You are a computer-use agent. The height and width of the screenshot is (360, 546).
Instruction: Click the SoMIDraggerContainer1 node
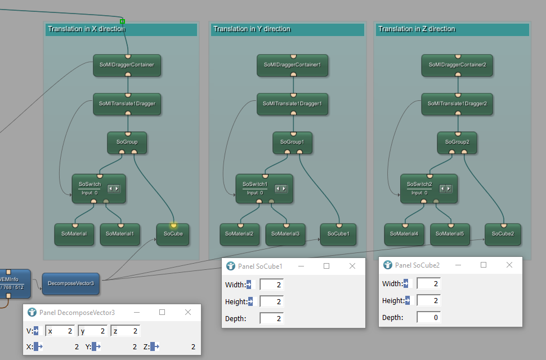(x=293, y=65)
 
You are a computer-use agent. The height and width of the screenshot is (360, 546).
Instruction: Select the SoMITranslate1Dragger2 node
(x=457, y=104)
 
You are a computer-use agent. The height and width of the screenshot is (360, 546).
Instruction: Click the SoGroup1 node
(x=293, y=142)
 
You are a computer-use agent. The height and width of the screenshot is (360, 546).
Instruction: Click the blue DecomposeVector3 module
(x=71, y=284)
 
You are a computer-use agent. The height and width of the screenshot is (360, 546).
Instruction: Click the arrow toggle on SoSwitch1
(x=281, y=189)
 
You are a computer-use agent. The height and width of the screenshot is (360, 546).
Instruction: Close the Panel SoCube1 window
(x=352, y=266)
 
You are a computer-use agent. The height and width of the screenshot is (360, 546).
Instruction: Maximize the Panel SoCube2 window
(x=484, y=265)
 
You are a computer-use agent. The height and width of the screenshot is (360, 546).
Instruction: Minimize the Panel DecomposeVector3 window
(x=137, y=312)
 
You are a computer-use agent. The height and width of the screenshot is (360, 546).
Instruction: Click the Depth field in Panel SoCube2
(x=429, y=318)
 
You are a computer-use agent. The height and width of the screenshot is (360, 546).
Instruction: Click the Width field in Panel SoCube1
(x=272, y=285)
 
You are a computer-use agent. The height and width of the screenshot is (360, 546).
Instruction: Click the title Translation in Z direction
(x=417, y=29)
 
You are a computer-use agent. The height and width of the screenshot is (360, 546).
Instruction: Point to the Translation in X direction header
(x=86, y=29)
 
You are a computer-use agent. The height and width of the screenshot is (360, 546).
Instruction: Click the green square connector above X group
(x=122, y=21)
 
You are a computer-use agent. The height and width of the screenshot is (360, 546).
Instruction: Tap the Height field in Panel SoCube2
(x=429, y=300)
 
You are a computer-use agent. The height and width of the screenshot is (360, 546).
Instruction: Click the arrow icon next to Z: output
(x=155, y=346)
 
